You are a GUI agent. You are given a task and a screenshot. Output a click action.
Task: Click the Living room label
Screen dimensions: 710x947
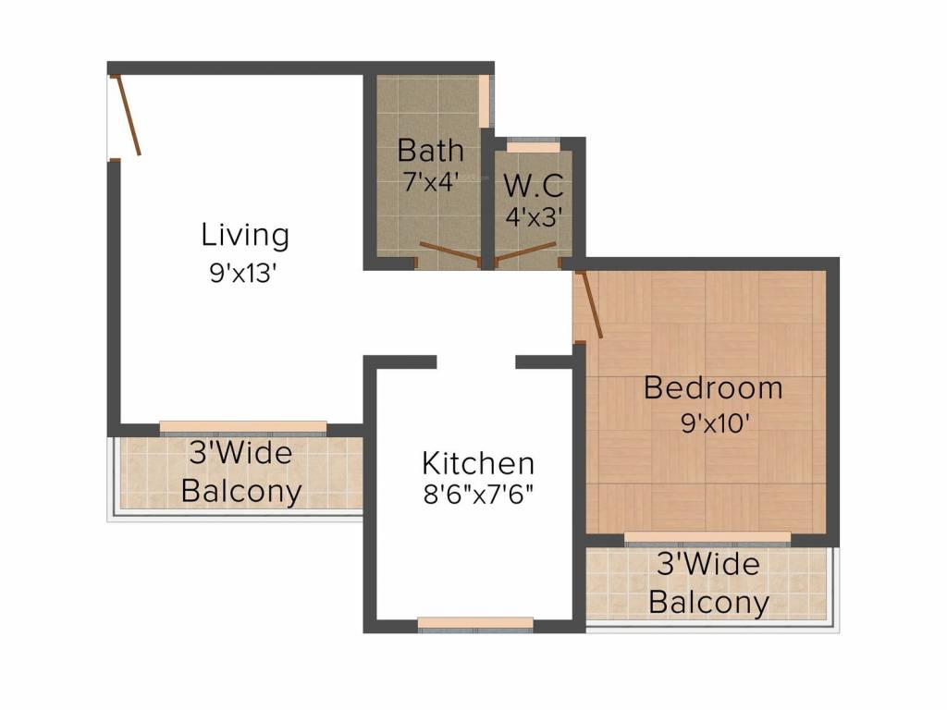(x=245, y=235)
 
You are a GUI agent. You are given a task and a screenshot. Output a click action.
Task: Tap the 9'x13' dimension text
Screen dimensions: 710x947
(x=244, y=275)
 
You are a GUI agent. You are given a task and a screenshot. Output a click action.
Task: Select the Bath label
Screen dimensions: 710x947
(x=430, y=150)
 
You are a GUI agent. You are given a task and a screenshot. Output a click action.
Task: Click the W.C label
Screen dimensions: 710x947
(x=533, y=185)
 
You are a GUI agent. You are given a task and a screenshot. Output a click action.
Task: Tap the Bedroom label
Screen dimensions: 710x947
(x=713, y=387)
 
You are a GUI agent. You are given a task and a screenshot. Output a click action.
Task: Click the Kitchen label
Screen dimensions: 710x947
(x=477, y=462)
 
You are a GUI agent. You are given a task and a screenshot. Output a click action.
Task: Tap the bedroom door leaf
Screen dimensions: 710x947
(x=590, y=304)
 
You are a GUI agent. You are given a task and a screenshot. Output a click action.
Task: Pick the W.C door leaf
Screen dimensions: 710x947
(x=525, y=251)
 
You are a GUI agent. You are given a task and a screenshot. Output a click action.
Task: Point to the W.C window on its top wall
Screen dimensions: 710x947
(x=534, y=146)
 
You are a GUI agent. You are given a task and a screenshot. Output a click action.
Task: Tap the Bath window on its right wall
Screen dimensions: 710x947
(x=486, y=100)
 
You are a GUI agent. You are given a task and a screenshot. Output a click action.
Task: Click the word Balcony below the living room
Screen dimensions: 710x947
(x=241, y=491)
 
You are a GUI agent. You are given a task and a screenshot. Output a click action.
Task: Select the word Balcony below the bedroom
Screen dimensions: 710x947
(x=708, y=603)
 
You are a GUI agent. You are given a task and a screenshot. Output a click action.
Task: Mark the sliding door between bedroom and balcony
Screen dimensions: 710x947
(x=707, y=537)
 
